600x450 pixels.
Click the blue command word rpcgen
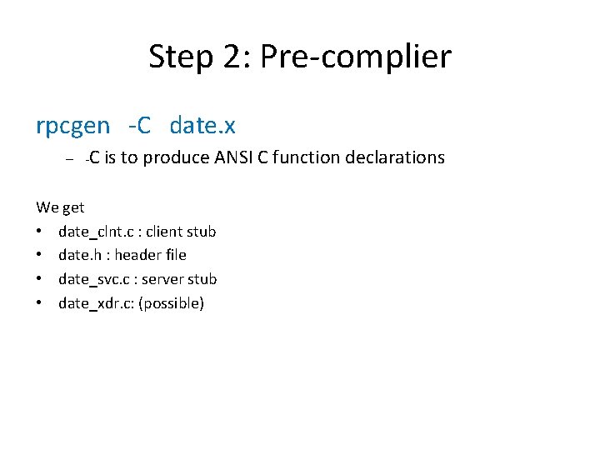click(x=72, y=126)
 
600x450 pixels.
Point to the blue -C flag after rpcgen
click(x=139, y=126)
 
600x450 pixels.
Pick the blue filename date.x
click(x=202, y=126)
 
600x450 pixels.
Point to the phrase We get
click(x=60, y=207)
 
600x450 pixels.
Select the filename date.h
click(x=80, y=255)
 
